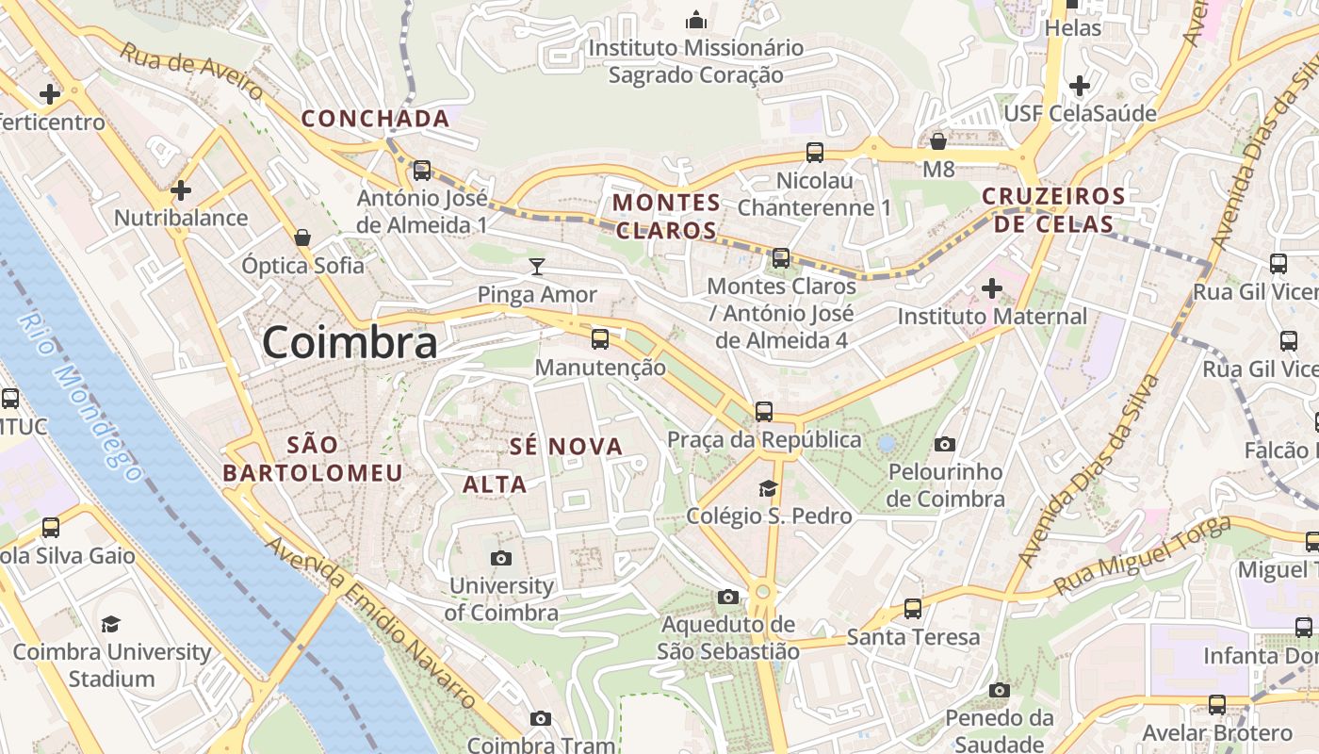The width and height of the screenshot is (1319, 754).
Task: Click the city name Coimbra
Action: tap(350, 342)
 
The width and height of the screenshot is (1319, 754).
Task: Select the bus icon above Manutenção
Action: tap(600, 339)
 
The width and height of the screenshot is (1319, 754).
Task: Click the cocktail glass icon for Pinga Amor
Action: tap(537, 267)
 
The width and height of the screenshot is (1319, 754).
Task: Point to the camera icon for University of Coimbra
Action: tap(501, 559)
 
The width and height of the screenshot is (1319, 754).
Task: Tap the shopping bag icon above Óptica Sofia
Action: tap(302, 238)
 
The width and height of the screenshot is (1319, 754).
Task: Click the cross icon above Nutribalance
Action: tap(180, 190)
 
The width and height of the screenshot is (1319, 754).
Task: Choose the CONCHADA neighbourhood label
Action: tap(375, 119)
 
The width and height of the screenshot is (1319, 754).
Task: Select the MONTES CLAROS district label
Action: tap(667, 216)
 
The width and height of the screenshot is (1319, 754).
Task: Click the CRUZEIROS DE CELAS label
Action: tap(1053, 210)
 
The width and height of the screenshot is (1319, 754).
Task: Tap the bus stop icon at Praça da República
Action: tap(764, 412)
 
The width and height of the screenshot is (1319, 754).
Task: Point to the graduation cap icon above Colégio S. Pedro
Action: tap(769, 488)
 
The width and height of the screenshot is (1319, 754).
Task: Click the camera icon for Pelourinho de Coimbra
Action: tap(945, 444)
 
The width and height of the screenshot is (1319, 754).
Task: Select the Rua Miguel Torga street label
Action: tap(1141, 555)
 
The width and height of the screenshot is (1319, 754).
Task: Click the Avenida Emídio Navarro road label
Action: tap(371, 623)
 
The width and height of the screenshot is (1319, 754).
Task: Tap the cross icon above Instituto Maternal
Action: tap(992, 288)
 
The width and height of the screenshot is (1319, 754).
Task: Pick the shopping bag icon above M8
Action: tap(938, 141)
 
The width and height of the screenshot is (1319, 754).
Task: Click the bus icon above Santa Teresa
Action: tap(913, 609)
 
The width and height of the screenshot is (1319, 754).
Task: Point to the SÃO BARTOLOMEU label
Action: tap(313, 459)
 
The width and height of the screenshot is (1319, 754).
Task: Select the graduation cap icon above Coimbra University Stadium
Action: tap(111, 624)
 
